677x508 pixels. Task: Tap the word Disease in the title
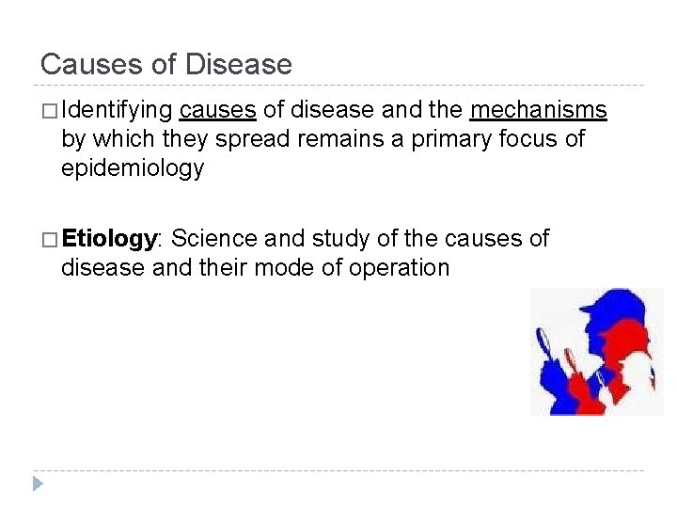(x=239, y=65)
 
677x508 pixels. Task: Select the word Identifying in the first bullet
(x=117, y=111)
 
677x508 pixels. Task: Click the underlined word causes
(x=217, y=111)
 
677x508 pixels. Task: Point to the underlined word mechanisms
(x=539, y=111)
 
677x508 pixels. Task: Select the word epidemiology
(x=132, y=168)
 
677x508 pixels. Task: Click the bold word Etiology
(x=107, y=239)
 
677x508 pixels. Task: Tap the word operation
(x=399, y=268)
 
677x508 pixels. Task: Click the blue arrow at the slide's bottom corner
(x=37, y=484)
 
